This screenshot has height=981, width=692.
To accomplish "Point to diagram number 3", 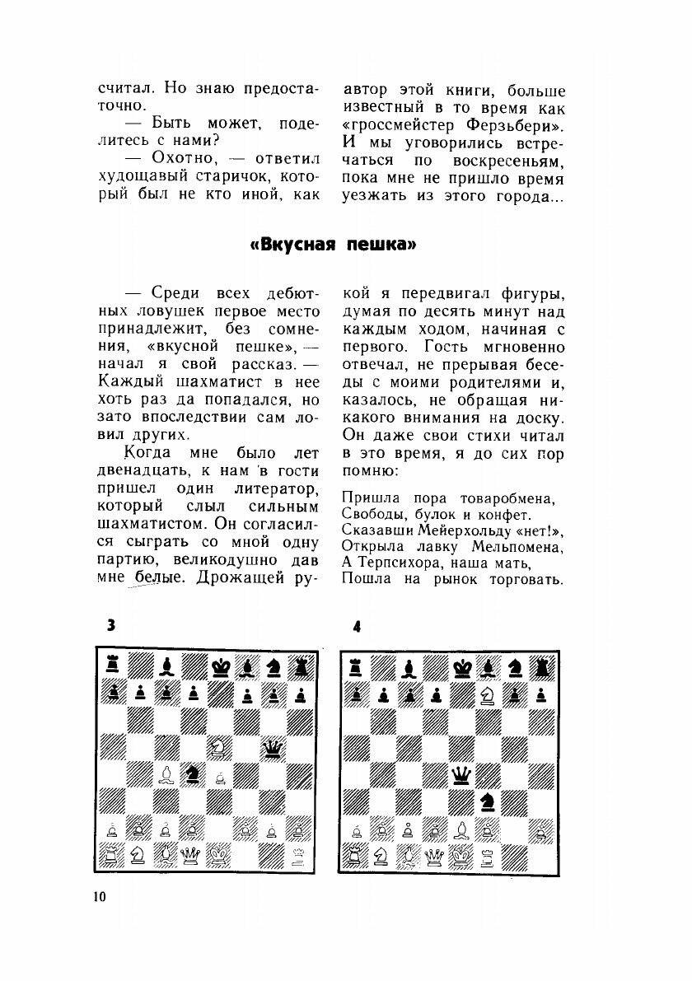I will tap(110, 626).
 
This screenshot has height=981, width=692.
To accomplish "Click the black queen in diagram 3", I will tap(271, 748).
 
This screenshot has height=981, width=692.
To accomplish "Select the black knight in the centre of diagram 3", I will tap(192, 773).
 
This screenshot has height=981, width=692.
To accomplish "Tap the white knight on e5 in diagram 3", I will tap(218, 747).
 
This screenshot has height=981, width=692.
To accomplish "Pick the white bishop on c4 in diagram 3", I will tap(166, 773).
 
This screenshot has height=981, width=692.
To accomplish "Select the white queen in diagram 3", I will tap(192, 854).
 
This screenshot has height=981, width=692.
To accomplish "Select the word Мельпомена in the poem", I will tap(517, 546).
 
